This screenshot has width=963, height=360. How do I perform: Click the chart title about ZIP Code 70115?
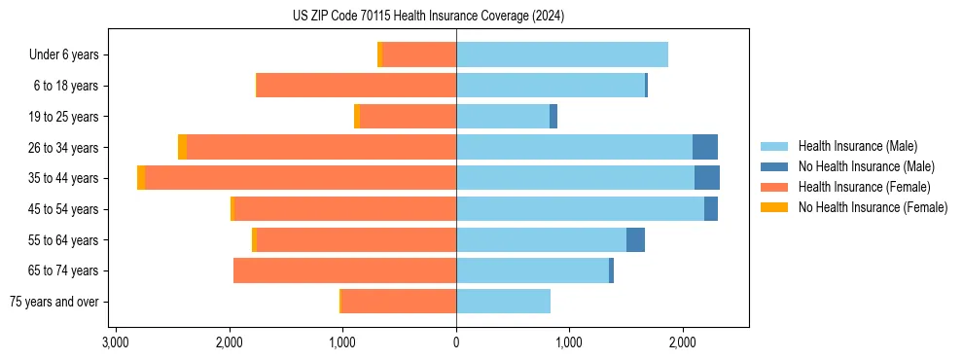tap(428, 17)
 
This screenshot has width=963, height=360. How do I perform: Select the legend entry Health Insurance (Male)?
tap(857, 146)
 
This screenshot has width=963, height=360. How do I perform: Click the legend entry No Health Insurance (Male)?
tap(866, 166)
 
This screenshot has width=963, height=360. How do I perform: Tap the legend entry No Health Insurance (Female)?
tap(873, 207)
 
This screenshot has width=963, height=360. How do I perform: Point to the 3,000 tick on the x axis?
tap(116, 342)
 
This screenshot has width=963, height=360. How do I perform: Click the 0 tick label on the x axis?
tap(456, 342)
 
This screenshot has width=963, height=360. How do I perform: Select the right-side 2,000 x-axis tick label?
tap(683, 342)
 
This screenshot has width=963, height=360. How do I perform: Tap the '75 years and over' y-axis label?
tap(54, 302)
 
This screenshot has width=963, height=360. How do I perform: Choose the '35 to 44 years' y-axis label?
tap(63, 178)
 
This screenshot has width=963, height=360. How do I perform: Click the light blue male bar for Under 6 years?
tap(562, 55)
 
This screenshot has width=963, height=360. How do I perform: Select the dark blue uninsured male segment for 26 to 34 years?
tap(705, 147)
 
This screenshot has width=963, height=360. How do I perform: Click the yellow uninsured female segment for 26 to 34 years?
tap(182, 147)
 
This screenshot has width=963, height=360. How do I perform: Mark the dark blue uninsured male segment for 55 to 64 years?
tap(635, 240)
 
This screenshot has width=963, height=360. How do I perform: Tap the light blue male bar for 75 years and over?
tap(503, 302)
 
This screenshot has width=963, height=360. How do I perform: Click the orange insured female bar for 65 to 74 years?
tap(344, 270)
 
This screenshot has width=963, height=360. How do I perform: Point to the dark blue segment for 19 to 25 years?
tap(553, 117)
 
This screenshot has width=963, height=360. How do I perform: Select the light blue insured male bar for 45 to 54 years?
tap(580, 209)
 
